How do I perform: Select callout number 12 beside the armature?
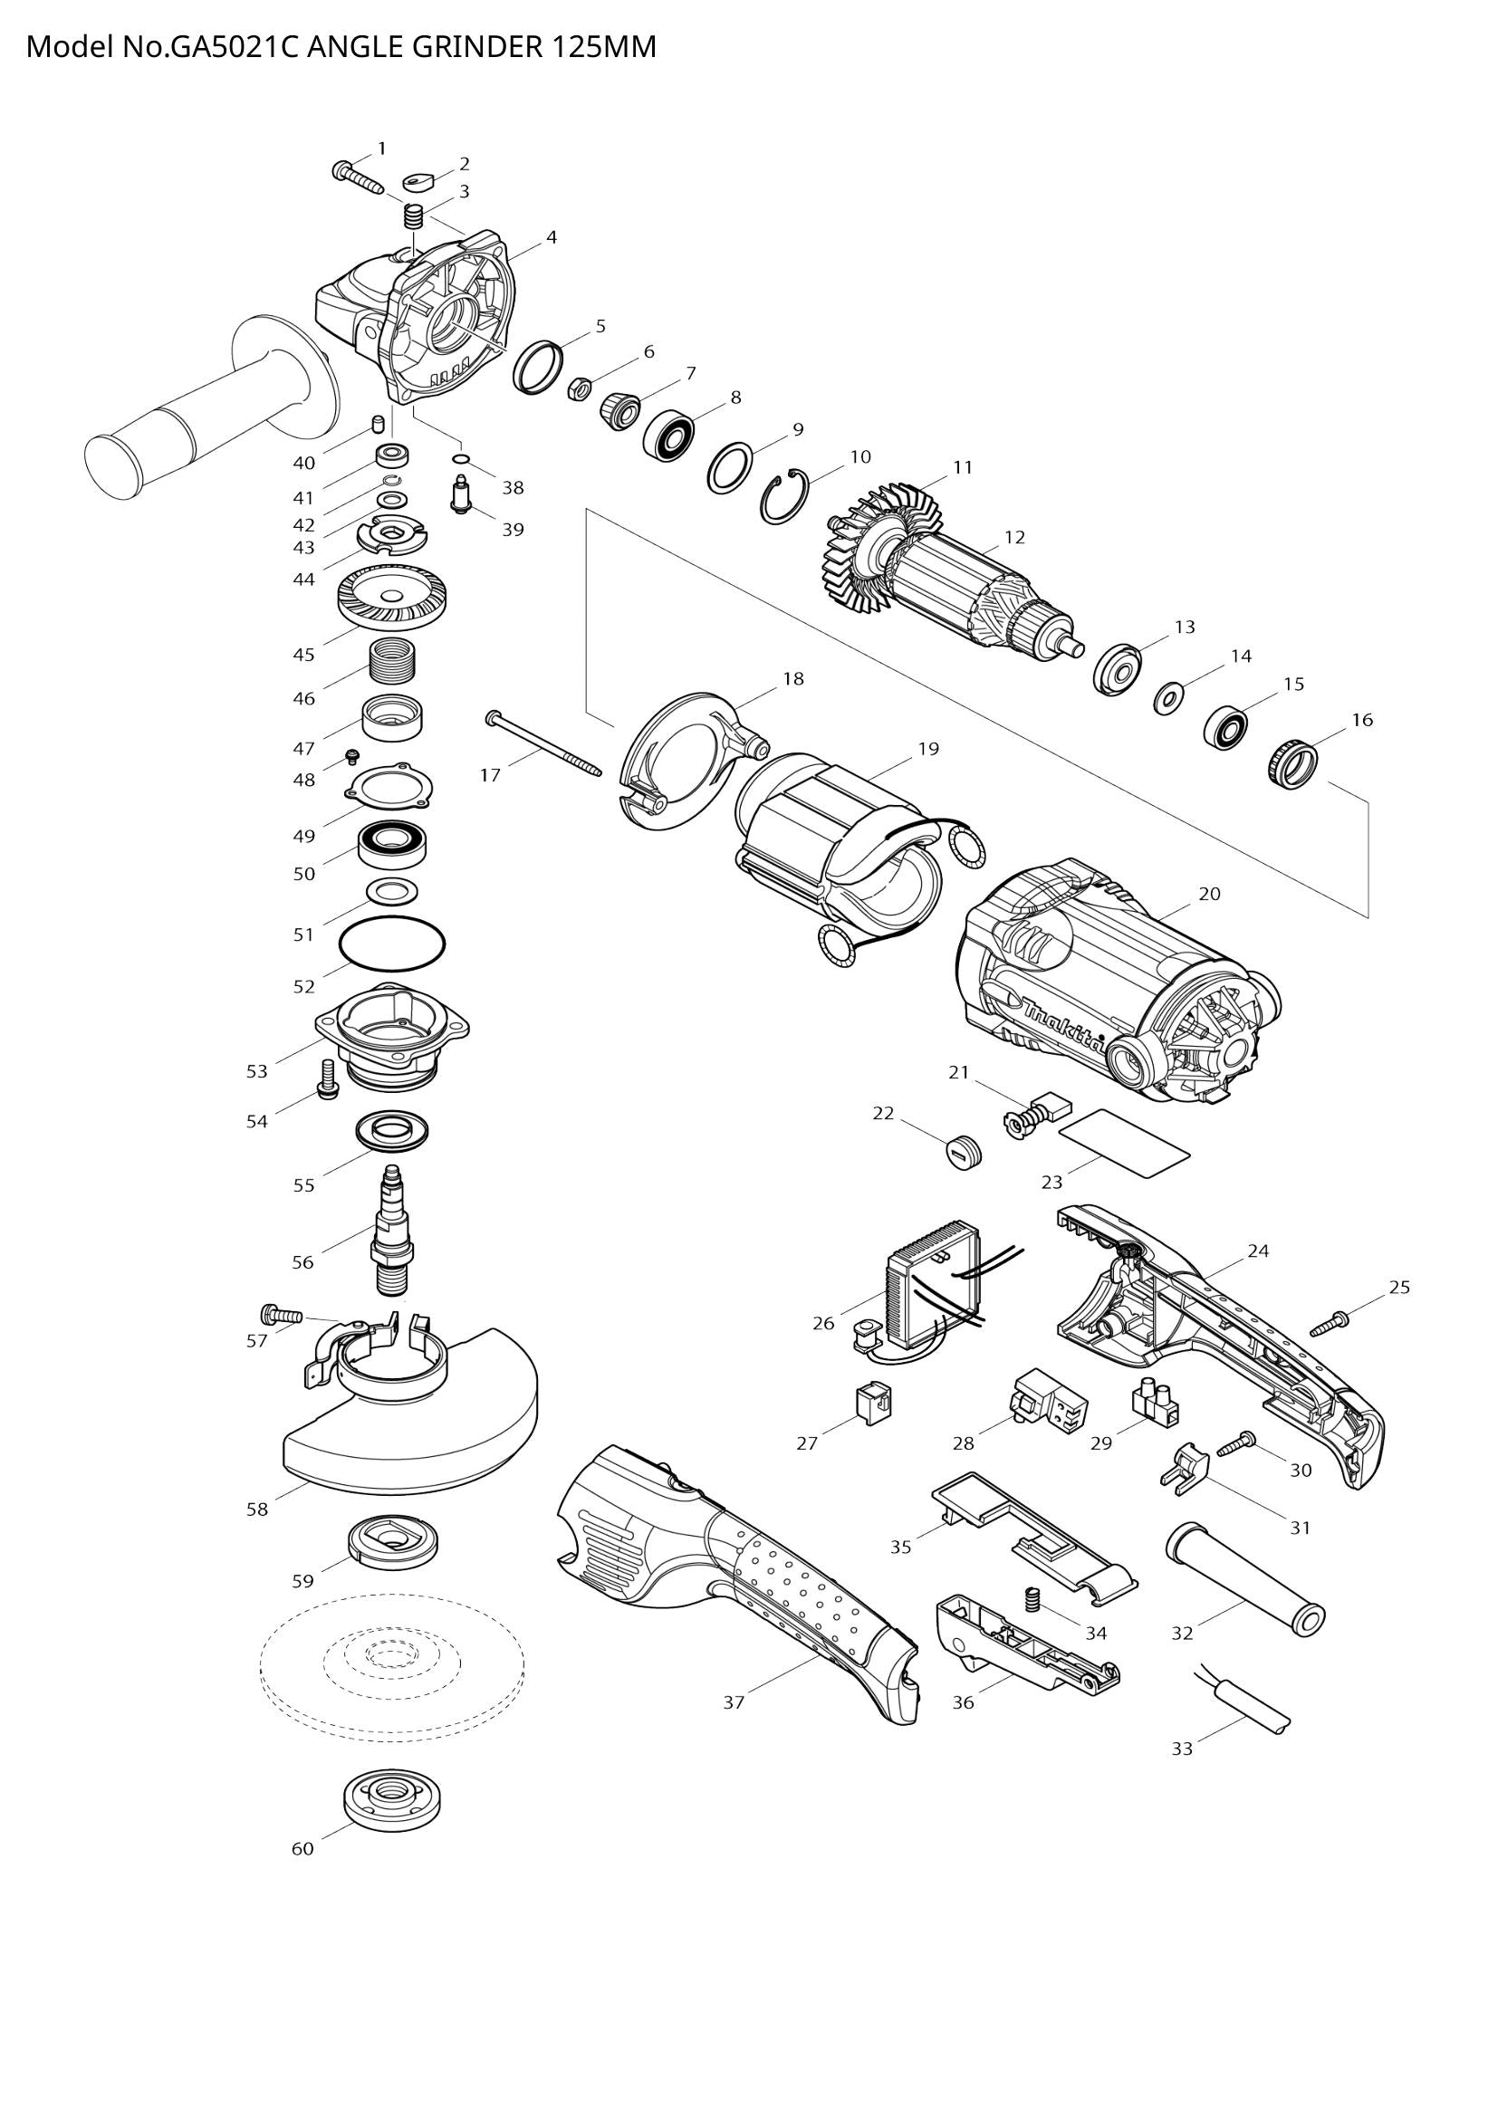coord(1014,537)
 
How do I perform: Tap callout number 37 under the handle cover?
coord(734,1703)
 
